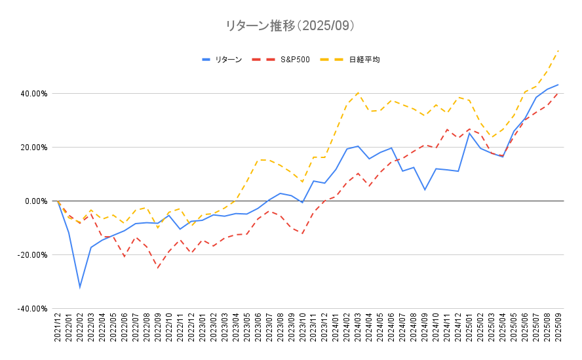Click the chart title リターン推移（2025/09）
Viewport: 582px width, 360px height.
290,26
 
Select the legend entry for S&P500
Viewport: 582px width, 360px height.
294,60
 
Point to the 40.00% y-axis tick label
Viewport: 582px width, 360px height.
34,94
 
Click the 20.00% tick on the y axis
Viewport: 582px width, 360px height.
34,148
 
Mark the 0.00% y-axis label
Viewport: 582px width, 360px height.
36,201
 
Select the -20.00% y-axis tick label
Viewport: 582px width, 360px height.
33,255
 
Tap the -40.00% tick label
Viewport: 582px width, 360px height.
33,309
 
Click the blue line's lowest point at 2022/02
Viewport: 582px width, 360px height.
79,287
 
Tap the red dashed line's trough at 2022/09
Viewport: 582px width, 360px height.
157,268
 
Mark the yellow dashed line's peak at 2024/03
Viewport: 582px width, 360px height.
358,92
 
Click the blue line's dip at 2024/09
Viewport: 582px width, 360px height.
425,190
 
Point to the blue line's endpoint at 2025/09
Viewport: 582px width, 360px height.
558,85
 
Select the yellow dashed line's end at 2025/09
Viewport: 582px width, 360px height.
558,50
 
